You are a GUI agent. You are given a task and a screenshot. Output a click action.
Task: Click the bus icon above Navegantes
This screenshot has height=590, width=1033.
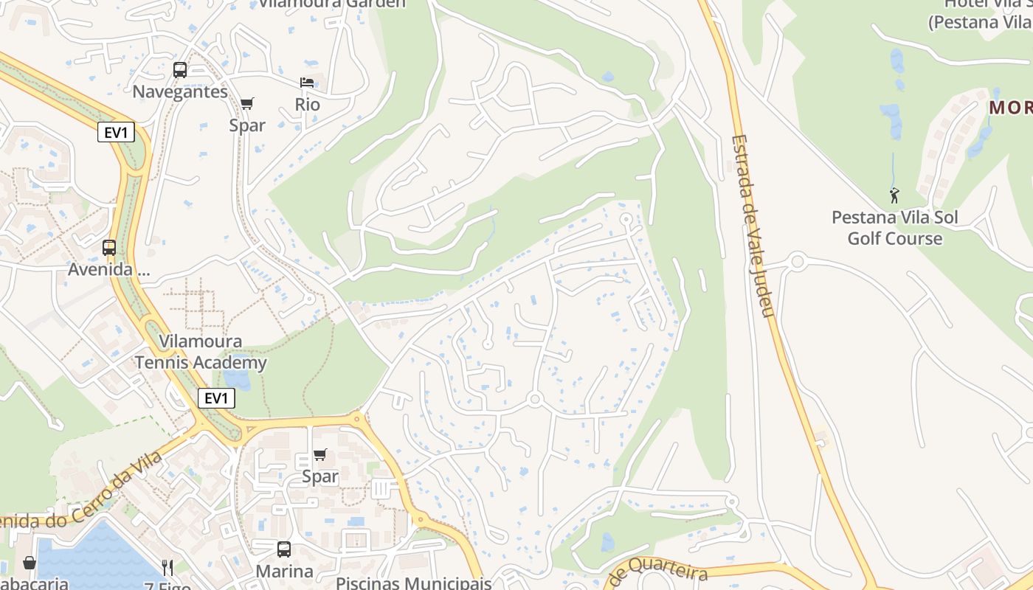tap(180, 70)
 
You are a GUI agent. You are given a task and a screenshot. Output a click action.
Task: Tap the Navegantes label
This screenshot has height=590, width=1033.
tap(180, 92)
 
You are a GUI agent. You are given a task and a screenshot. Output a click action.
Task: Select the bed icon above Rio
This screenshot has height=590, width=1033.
tap(307, 82)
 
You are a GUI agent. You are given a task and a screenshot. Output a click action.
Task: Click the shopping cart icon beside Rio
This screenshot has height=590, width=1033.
tap(247, 103)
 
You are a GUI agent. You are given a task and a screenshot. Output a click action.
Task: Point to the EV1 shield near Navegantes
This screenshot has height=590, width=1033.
tap(116, 133)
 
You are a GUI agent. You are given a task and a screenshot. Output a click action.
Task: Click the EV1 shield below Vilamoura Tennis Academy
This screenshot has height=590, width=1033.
tap(216, 399)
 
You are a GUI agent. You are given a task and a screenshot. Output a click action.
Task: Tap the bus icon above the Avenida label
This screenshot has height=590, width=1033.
tap(109, 248)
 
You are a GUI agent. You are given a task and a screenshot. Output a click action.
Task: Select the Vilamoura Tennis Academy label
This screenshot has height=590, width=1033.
tap(201, 353)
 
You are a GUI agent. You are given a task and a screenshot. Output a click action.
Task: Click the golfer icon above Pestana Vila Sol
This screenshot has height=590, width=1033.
tap(894, 195)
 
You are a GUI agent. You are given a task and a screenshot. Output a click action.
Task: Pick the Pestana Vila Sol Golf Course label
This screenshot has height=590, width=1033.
tap(894, 228)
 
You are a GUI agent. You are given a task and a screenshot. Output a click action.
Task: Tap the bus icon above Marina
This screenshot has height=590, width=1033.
tap(284, 549)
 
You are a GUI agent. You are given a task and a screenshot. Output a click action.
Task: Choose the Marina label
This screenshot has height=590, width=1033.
tap(284, 572)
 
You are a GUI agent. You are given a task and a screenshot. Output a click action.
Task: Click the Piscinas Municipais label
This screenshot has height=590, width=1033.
tap(413, 583)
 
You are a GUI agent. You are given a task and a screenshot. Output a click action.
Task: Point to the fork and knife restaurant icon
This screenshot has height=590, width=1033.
tap(167, 567)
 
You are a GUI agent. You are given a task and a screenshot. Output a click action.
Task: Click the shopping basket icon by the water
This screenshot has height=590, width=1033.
tap(30, 563)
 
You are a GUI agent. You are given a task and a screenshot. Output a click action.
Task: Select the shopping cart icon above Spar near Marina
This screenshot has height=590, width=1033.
tap(320, 455)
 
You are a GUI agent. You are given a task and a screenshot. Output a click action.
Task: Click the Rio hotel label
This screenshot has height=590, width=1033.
tap(307, 105)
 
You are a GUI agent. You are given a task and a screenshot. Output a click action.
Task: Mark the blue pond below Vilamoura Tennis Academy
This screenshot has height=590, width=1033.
tap(236, 378)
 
